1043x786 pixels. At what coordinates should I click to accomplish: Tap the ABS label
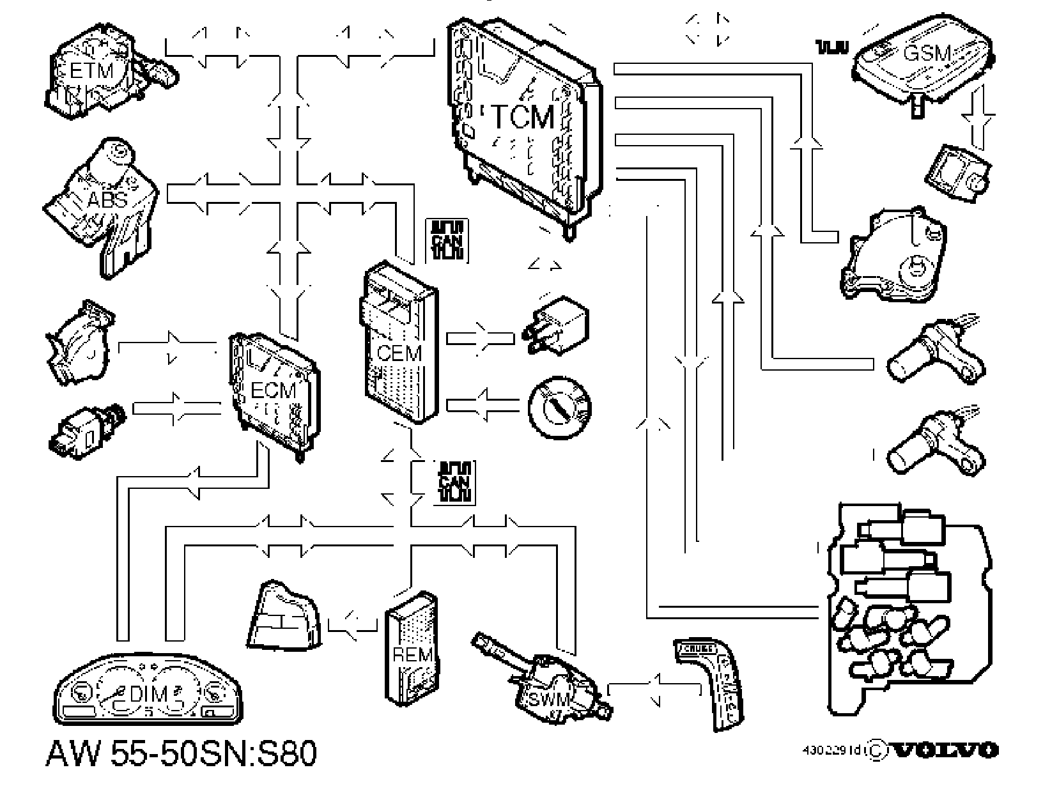point(108,200)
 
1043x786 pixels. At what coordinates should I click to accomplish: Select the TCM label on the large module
point(523,118)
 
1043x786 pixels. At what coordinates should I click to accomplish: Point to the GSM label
point(927,53)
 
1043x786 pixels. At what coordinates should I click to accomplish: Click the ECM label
point(273,390)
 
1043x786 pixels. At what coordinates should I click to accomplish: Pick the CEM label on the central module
point(399,352)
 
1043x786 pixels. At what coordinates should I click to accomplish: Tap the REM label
point(412,655)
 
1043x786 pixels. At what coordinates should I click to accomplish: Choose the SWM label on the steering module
point(545,699)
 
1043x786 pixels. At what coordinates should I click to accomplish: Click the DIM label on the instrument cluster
point(148,694)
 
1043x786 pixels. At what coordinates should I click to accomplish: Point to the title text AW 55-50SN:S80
point(182,754)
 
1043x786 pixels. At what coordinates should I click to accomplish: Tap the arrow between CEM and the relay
point(480,337)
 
